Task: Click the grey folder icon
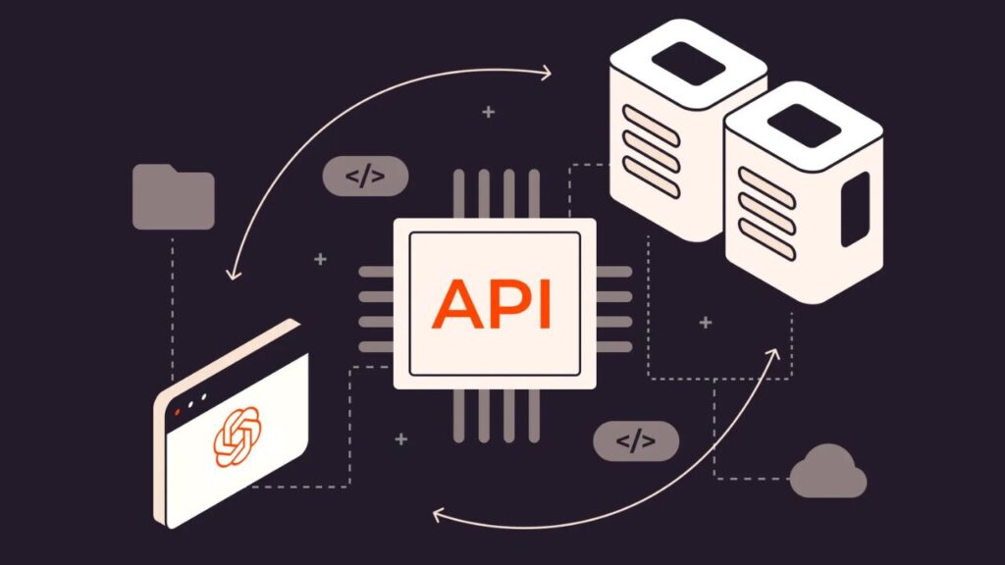point(173,198)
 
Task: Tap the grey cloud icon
point(828,473)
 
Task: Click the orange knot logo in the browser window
point(237,436)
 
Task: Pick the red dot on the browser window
point(177,412)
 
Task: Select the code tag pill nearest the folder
point(364,177)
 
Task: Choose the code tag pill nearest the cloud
point(635,441)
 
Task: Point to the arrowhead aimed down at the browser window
point(233,272)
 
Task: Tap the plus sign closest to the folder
point(320,259)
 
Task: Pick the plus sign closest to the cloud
point(705,322)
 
